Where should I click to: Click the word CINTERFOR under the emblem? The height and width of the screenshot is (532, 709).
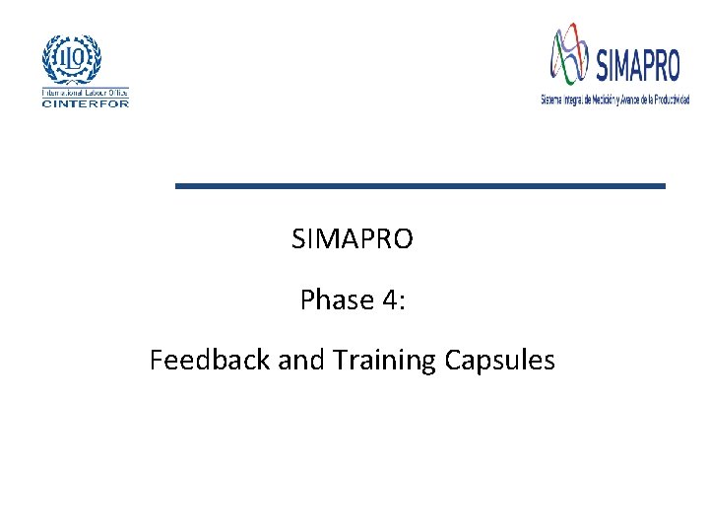click(x=85, y=102)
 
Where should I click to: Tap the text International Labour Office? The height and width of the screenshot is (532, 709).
click(x=85, y=93)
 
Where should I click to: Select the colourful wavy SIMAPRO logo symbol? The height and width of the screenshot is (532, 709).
click(x=570, y=55)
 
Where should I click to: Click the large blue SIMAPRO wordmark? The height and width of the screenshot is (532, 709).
click(x=637, y=65)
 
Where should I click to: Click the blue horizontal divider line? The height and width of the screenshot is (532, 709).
click(x=419, y=185)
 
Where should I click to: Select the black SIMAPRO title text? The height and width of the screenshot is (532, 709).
click(x=353, y=238)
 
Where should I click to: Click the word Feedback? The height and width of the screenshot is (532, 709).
click(x=210, y=361)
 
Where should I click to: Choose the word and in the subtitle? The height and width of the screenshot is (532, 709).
click(x=300, y=361)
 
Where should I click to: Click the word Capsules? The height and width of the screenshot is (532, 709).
click(x=499, y=361)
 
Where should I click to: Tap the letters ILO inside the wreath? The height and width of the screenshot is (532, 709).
click(x=71, y=56)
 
